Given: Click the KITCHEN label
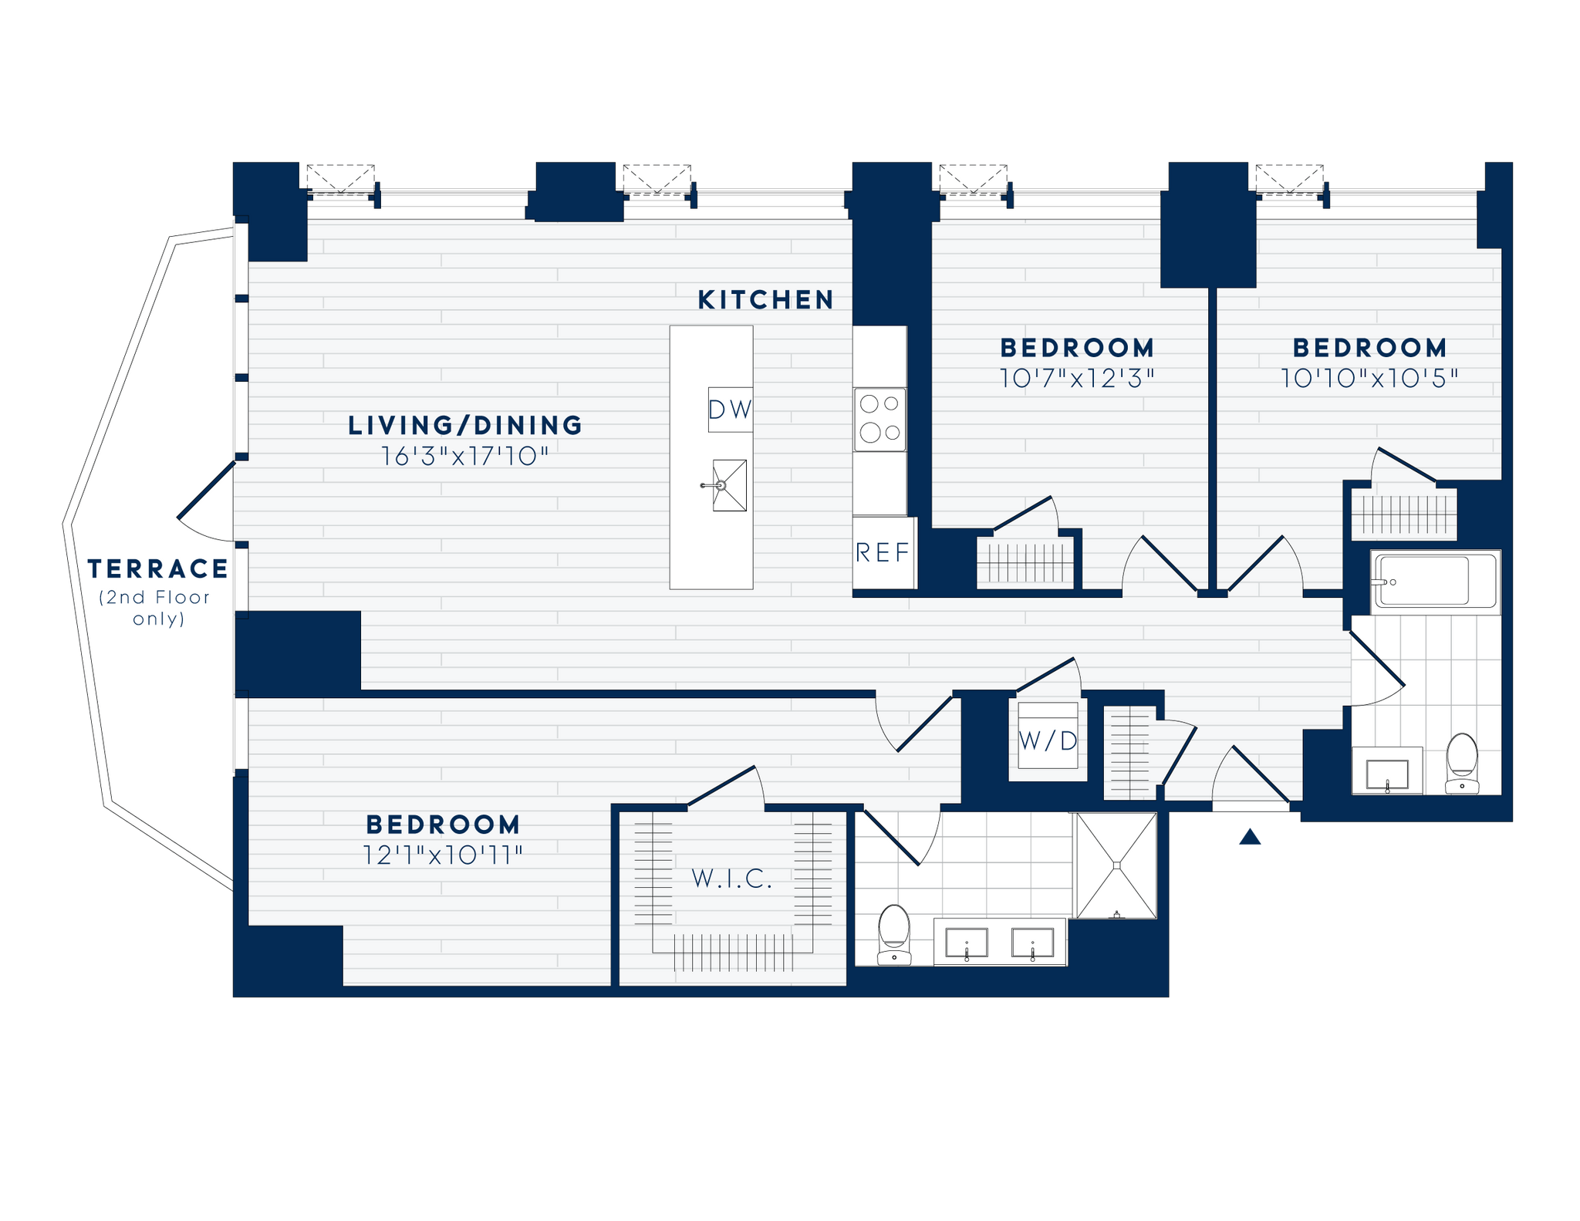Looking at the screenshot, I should tap(765, 300).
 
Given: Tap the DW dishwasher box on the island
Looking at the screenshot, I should tap(730, 410).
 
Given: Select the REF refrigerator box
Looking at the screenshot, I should tap(883, 552).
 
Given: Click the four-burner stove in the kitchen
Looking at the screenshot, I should tap(879, 419).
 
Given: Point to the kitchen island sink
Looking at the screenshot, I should tap(729, 485).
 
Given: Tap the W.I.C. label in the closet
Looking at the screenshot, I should tap(732, 878).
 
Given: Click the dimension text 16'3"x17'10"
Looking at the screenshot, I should tap(465, 457).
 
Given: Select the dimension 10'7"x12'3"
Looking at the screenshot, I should tap(1077, 379).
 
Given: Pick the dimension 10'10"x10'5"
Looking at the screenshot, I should tap(1369, 379).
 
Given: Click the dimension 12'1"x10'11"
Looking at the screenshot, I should tap(443, 855).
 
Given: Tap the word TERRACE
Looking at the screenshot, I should tap(158, 569).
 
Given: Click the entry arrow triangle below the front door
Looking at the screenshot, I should tap(1250, 837).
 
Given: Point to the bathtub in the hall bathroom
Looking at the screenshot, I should tap(1434, 581).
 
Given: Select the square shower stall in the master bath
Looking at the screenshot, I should tap(1116, 865).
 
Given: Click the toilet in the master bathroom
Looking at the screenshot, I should tap(894, 934).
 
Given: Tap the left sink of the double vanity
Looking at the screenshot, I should tap(967, 943).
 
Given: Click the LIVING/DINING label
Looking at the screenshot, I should tap(465, 425).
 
